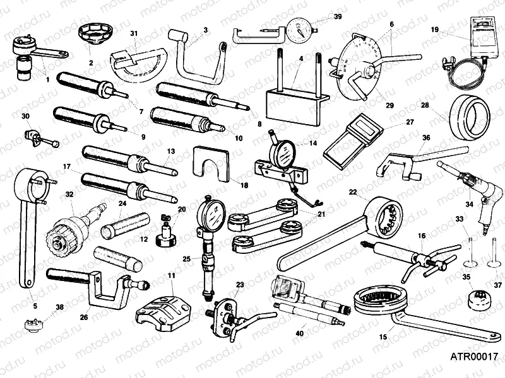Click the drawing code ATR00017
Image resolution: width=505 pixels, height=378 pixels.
[470, 356]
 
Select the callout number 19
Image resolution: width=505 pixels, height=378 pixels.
[434, 30]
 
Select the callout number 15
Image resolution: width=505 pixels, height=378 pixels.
[383, 337]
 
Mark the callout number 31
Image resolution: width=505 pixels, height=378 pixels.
[133, 33]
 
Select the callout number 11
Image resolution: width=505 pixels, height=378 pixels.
[171, 275]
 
